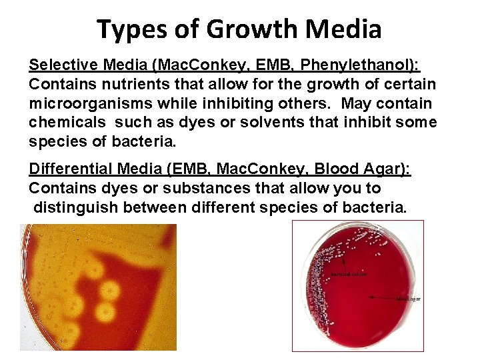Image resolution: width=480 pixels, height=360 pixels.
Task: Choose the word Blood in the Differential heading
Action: click(x=339, y=170)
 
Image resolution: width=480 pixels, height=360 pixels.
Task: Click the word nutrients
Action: click(x=118, y=85)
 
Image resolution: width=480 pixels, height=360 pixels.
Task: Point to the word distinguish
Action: click(x=69, y=208)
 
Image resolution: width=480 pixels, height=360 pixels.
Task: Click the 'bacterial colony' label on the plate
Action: click(x=348, y=275)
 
